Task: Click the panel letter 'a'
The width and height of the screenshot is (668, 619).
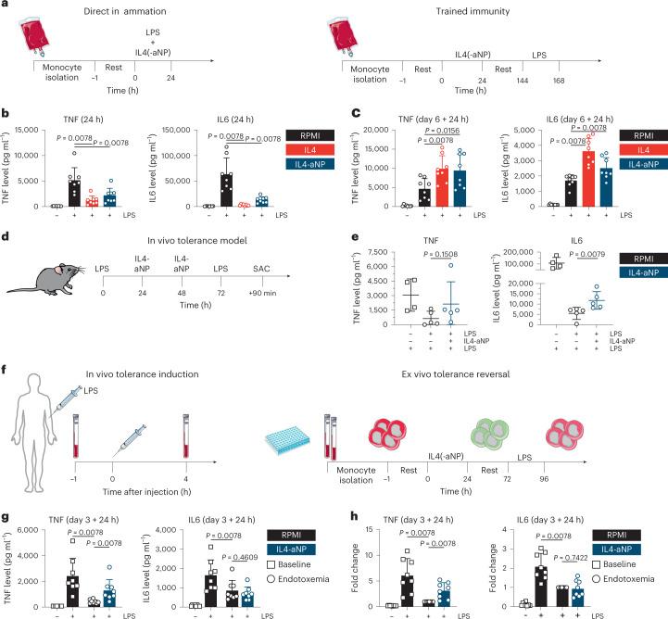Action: click(x=5, y=6)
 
